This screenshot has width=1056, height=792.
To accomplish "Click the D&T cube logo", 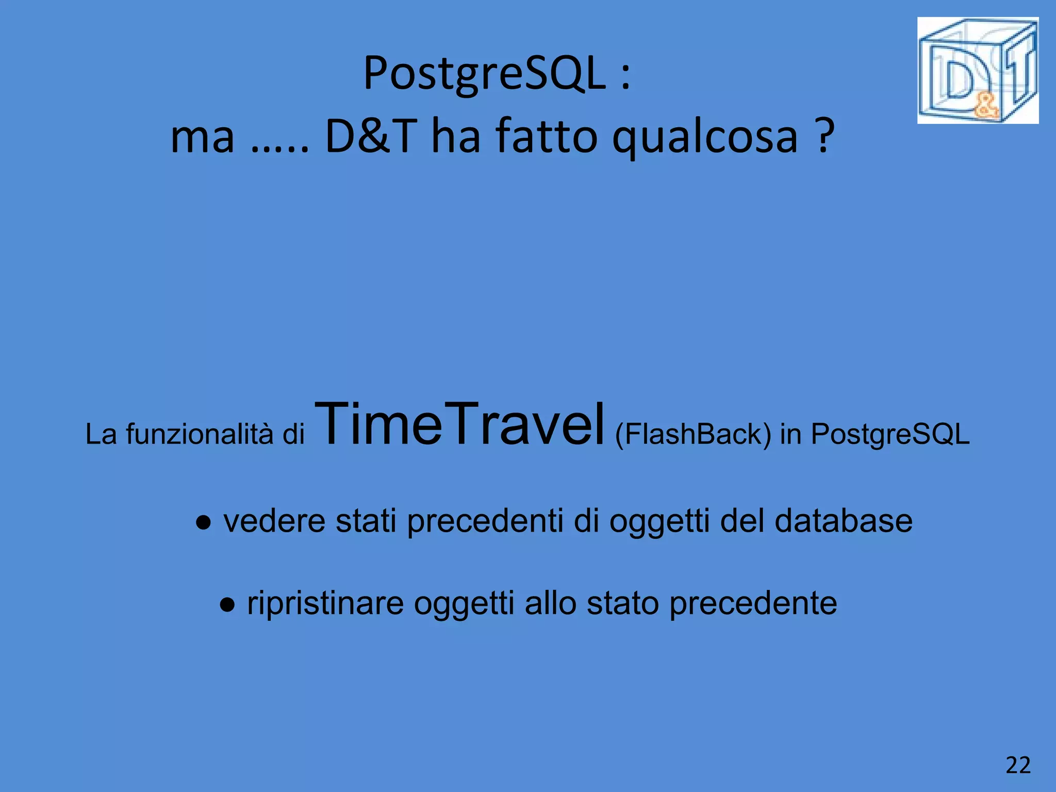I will (x=978, y=71).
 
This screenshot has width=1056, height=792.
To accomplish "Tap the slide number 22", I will (x=1018, y=765).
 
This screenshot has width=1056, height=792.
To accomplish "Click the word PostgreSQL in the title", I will (x=484, y=74).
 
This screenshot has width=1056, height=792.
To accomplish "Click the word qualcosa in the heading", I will (x=705, y=137).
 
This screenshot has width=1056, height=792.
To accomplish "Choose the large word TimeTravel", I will (x=459, y=425).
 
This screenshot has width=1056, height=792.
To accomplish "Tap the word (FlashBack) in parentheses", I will (x=693, y=434).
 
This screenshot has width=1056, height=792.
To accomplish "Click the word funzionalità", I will (x=200, y=434).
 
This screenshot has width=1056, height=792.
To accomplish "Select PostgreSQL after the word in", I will (x=890, y=434).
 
